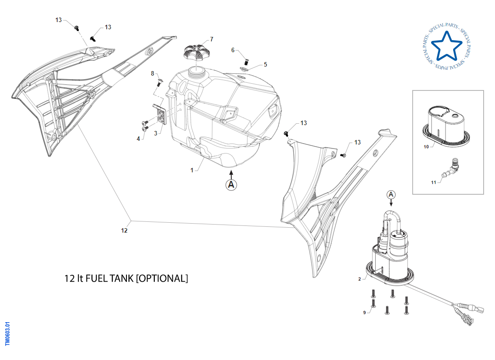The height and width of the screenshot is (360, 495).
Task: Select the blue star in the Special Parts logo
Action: pos(446,46)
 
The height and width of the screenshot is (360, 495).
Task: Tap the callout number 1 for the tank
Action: pos(192,170)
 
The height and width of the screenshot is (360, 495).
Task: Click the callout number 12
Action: pos(125,230)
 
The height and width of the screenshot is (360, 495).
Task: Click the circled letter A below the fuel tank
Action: pos(231,184)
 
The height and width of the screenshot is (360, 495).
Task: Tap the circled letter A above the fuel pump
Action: pos(391,194)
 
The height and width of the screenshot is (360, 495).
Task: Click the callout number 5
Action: pos(265,64)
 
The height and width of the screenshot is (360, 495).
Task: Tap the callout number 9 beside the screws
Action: pos(364,313)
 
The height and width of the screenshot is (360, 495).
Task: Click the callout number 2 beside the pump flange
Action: pos(359,279)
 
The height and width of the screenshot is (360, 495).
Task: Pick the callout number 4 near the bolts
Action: pos(139,139)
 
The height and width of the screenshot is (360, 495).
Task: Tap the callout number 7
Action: pos(211,39)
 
